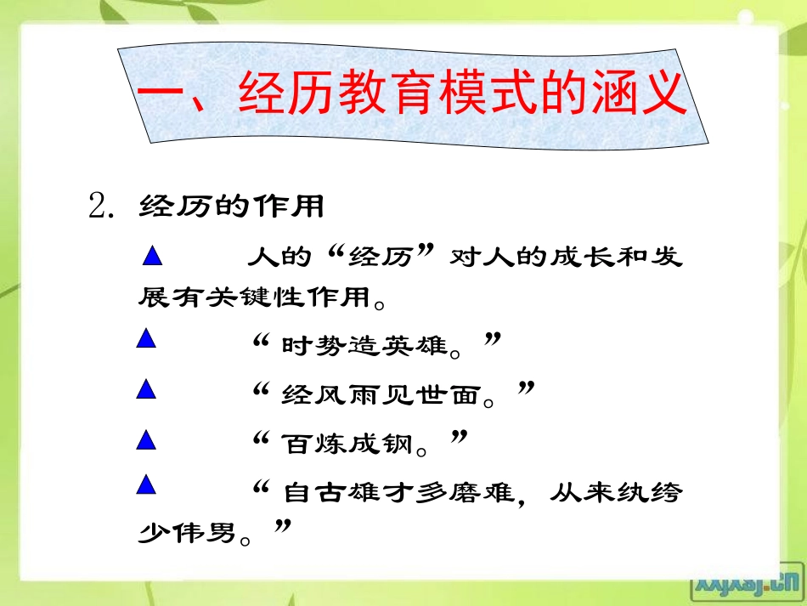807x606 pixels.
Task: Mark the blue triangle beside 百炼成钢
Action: (x=146, y=439)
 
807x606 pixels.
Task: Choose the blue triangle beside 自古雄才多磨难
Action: (x=146, y=485)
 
